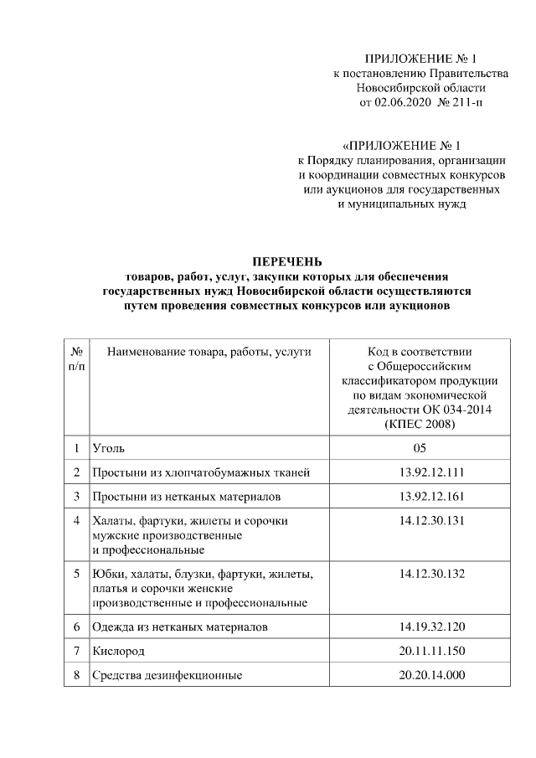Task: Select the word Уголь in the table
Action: click(x=110, y=449)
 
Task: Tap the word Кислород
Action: click(x=119, y=651)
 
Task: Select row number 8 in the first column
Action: click(x=76, y=675)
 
